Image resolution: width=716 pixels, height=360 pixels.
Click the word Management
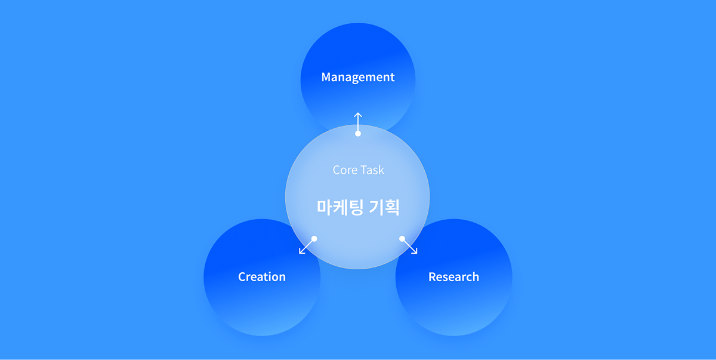358,77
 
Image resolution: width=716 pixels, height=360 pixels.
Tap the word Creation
262,277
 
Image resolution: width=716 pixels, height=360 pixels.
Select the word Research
453,277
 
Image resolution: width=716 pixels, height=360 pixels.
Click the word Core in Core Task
344,170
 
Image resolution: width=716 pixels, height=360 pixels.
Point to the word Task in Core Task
372,170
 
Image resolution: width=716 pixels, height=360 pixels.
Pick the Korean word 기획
385,207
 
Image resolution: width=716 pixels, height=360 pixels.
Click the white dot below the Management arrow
358,134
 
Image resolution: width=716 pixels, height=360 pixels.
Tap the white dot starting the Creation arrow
314,239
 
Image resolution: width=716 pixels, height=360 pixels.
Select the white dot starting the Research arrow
402,239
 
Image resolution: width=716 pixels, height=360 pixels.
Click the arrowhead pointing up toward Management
358,114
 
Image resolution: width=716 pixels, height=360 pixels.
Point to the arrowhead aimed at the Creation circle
301,252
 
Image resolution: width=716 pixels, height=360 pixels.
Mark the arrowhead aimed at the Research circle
415,252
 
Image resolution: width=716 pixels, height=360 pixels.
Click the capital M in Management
326,77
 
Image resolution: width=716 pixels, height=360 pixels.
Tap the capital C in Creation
242,277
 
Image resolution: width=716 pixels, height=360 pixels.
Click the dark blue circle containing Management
358,54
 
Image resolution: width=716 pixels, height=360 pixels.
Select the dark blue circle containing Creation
251,304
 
